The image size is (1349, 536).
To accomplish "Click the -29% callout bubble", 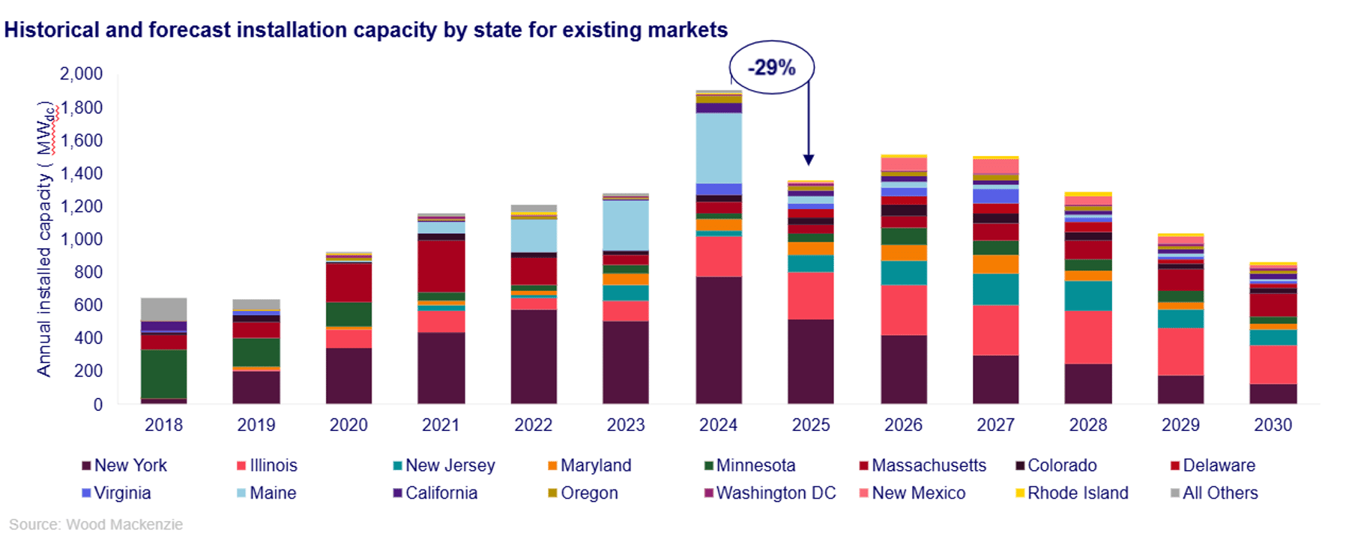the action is (x=772, y=67).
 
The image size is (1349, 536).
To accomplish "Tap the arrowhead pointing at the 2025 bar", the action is (x=809, y=160).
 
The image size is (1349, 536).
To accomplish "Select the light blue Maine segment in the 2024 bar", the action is (x=719, y=148).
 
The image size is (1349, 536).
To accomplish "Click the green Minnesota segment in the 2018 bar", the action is (x=164, y=374).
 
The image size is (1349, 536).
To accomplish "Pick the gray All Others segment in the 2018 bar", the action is (x=164, y=310).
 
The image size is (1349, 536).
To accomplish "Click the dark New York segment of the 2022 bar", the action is (x=534, y=357).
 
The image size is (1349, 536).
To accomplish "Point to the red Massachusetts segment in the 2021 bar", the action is (x=441, y=266).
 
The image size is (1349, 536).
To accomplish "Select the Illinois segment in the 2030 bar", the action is (x=1273, y=364).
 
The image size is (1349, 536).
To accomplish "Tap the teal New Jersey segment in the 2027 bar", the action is (x=996, y=289).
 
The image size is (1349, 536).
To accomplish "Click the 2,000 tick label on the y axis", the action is (x=81, y=73).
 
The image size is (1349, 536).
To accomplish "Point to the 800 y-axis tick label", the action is (x=88, y=272).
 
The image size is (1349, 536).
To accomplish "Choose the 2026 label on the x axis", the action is (x=903, y=425).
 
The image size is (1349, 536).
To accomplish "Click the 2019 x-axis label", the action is (x=256, y=425).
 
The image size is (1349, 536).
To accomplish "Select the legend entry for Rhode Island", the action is (x=1072, y=493).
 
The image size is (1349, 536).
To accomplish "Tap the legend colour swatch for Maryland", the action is (x=552, y=466).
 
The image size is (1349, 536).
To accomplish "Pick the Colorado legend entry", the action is (x=1056, y=466).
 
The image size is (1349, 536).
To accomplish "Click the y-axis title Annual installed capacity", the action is (x=45, y=238).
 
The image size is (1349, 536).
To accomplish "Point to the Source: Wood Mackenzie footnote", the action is (x=96, y=525).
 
